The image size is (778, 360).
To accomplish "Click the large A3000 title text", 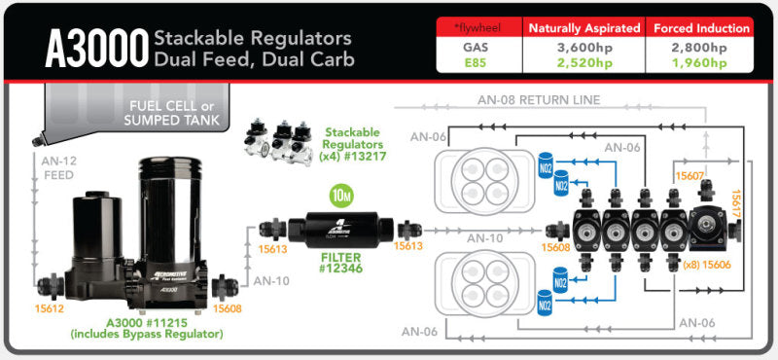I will pyautogui.click(x=94, y=48).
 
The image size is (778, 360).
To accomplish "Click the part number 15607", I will pyautogui.click(x=690, y=176).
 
